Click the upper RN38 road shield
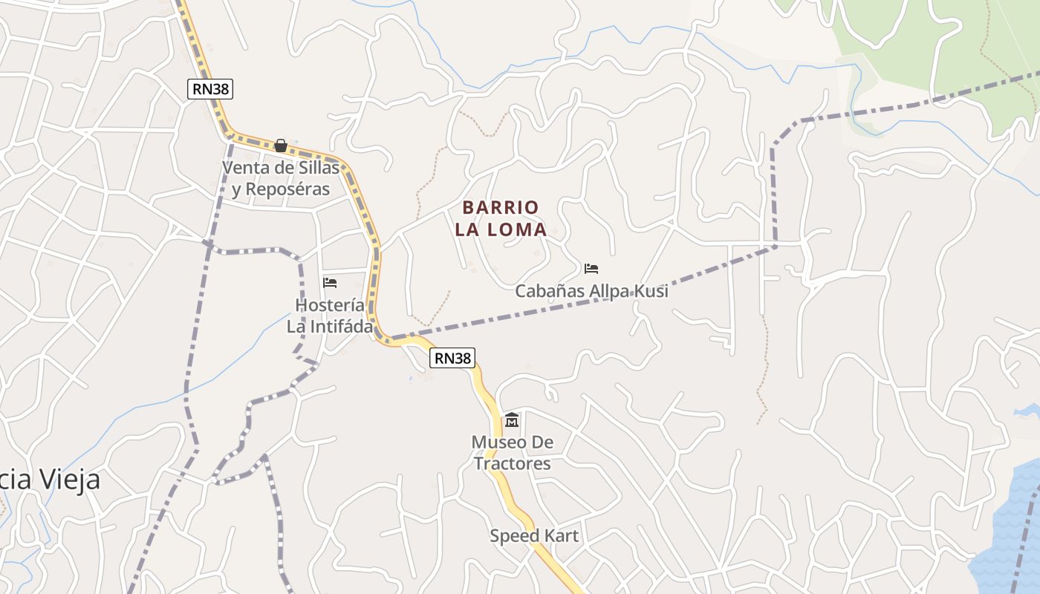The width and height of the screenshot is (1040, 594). pyautogui.click(x=211, y=89)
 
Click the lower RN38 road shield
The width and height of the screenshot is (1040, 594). pyautogui.click(x=452, y=358)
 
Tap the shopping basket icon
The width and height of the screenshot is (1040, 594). pyautogui.click(x=281, y=146)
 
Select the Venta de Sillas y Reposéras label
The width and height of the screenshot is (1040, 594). pyautogui.click(x=281, y=178)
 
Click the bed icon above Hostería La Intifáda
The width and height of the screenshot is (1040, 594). pyautogui.click(x=330, y=283)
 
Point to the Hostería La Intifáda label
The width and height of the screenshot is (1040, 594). pyautogui.click(x=330, y=316)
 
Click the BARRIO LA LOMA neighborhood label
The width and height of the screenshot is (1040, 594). pyautogui.click(x=501, y=218)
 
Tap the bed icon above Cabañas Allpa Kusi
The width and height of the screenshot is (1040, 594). pyautogui.click(x=591, y=269)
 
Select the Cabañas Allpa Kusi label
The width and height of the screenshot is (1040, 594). pyautogui.click(x=591, y=291)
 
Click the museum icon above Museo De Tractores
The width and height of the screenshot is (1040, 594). pyautogui.click(x=512, y=421)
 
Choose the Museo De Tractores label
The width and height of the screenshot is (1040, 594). pyautogui.click(x=513, y=453)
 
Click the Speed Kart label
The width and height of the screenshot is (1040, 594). pyautogui.click(x=533, y=535)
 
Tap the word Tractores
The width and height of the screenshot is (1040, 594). pyautogui.click(x=513, y=464)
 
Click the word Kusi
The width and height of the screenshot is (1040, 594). pyautogui.click(x=650, y=291)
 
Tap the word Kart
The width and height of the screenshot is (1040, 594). pyautogui.click(x=559, y=535)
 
